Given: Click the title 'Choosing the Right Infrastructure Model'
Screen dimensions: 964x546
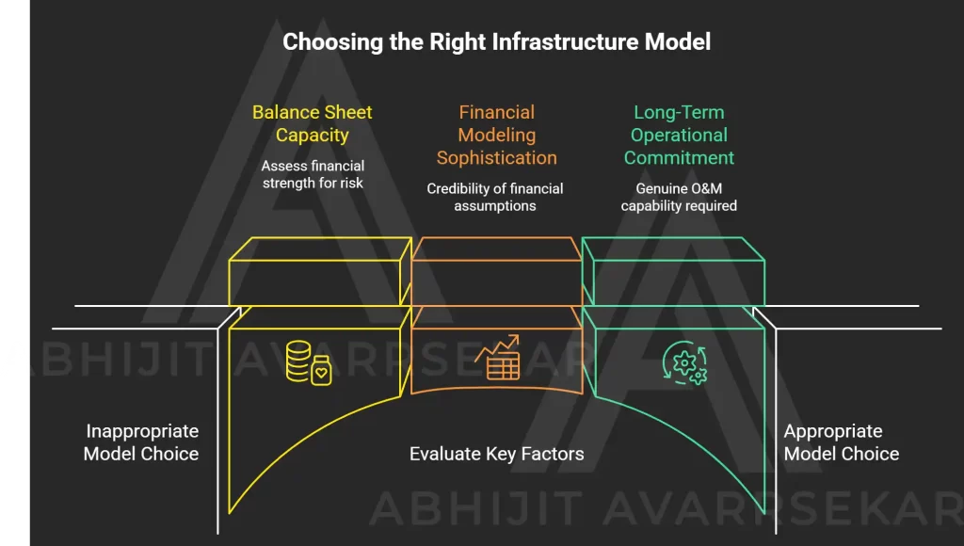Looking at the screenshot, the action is point(497,42).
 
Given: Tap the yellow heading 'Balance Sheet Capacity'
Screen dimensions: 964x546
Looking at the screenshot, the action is point(313,123).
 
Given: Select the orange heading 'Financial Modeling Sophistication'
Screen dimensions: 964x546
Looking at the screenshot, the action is point(497,136).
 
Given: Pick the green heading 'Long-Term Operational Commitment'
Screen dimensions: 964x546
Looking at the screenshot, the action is point(679,136).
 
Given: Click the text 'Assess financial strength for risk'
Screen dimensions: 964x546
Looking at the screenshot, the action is point(313,174).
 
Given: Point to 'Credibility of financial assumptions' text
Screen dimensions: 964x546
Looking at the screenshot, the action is point(495,198).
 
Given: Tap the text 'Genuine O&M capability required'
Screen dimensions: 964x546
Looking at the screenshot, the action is point(679,198).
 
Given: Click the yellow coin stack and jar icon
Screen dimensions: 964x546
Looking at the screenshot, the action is point(309,362).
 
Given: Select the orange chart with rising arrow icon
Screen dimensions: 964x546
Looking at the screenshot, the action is point(497,357).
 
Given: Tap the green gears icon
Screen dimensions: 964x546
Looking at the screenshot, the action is point(685,362).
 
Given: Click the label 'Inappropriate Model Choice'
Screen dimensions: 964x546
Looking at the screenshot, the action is point(141,442).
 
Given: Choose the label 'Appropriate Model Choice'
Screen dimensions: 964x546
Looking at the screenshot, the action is point(841,442).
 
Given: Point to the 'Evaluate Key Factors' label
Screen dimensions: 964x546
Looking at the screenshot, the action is point(497,454).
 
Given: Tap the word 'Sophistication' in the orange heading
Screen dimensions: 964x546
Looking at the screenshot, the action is point(497,158).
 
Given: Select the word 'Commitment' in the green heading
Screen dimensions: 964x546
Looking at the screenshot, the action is point(679,158).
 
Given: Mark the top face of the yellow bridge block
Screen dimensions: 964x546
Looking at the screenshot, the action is point(320,249).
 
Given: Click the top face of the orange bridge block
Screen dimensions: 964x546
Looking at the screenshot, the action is point(497,249).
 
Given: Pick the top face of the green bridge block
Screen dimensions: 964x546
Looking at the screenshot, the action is point(673,249).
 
